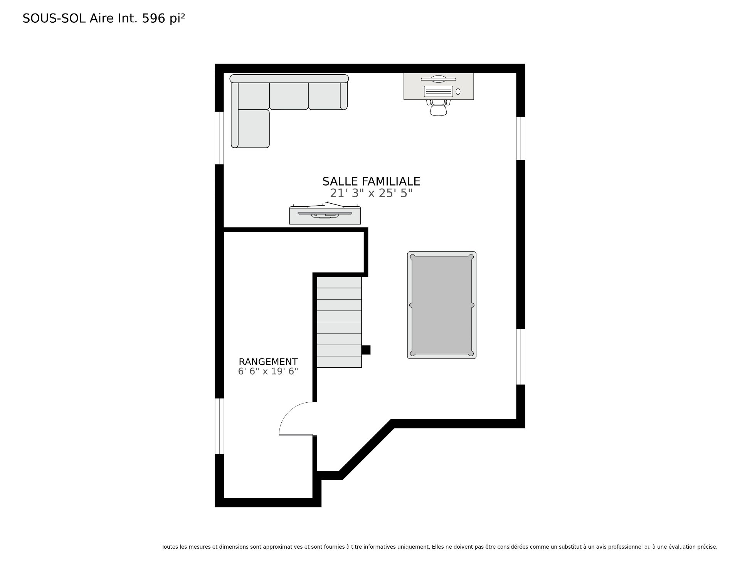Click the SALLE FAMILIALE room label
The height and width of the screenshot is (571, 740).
(x=371, y=181)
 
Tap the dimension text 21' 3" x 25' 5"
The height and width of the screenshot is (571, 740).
(x=371, y=193)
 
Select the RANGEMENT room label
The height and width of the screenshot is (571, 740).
(x=268, y=362)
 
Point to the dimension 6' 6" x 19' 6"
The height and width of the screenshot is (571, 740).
(x=268, y=372)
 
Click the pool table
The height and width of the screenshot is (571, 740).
(x=442, y=305)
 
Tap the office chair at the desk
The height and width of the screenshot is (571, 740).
(x=438, y=108)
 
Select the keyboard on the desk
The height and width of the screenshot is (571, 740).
(x=438, y=91)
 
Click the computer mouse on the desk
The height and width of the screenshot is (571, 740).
(x=458, y=92)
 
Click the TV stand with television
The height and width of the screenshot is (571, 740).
(x=325, y=215)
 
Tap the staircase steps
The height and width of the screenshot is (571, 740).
(x=339, y=322)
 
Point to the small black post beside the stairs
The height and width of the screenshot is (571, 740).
(x=366, y=350)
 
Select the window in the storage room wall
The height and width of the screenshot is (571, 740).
(x=219, y=426)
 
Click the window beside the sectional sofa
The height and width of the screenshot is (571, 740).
(x=219, y=138)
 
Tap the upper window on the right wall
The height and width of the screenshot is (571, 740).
(x=521, y=138)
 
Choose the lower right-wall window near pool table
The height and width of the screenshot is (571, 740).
(x=521, y=357)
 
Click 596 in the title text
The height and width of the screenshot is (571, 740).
(x=154, y=18)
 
